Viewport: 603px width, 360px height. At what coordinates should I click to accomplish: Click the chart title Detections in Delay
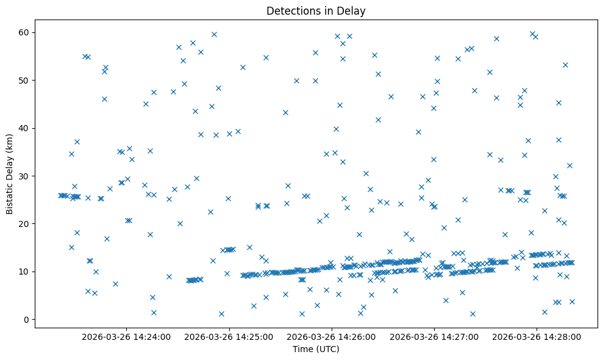click(316, 10)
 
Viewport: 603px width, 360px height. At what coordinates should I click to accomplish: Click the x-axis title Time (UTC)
click(316, 349)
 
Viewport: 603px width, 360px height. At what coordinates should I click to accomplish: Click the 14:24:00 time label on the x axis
click(126, 336)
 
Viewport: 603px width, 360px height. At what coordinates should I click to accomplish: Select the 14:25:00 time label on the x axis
click(229, 336)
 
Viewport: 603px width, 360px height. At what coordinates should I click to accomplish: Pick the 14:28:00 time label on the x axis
click(537, 336)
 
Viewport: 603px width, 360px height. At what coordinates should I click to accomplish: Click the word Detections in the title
click(291, 10)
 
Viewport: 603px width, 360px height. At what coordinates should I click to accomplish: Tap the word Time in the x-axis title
click(303, 349)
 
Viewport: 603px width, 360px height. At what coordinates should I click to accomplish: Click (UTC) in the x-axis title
click(327, 349)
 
